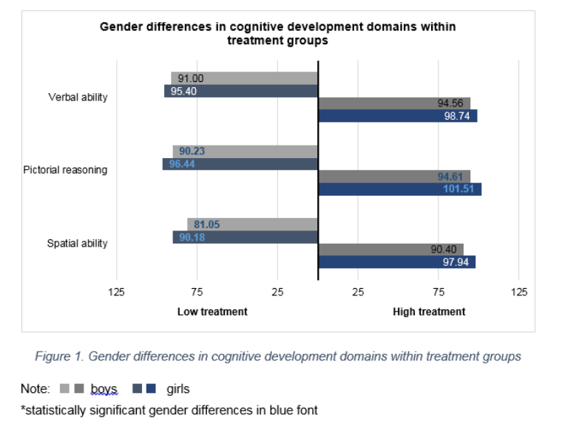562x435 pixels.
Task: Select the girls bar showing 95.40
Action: click(x=241, y=91)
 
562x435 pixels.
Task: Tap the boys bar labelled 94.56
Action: click(x=393, y=103)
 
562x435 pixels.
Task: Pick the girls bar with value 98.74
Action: click(x=397, y=116)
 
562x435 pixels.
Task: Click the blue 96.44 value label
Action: click(x=182, y=164)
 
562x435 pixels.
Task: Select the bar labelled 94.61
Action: click(x=393, y=177)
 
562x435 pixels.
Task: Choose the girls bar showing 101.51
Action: click(x=399, y=189)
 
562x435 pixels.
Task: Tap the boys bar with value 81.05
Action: click(x=253, y=225)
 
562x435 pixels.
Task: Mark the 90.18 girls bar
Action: click(x=246, y=237)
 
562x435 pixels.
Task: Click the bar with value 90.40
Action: click(x=390, y=250)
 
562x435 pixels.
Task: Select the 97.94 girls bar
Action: click(x=396, y=262)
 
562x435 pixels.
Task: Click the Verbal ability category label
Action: click(x=78, y=97)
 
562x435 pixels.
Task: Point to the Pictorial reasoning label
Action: click(x=65, y=170)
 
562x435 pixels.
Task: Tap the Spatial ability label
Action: click(x=78, y=243)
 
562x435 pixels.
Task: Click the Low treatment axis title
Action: click(x=212, y=312)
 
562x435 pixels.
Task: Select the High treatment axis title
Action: click(x=429, y=312)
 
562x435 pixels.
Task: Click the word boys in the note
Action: click(x=104, y=388)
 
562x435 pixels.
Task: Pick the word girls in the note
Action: click(x=178, y=388)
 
